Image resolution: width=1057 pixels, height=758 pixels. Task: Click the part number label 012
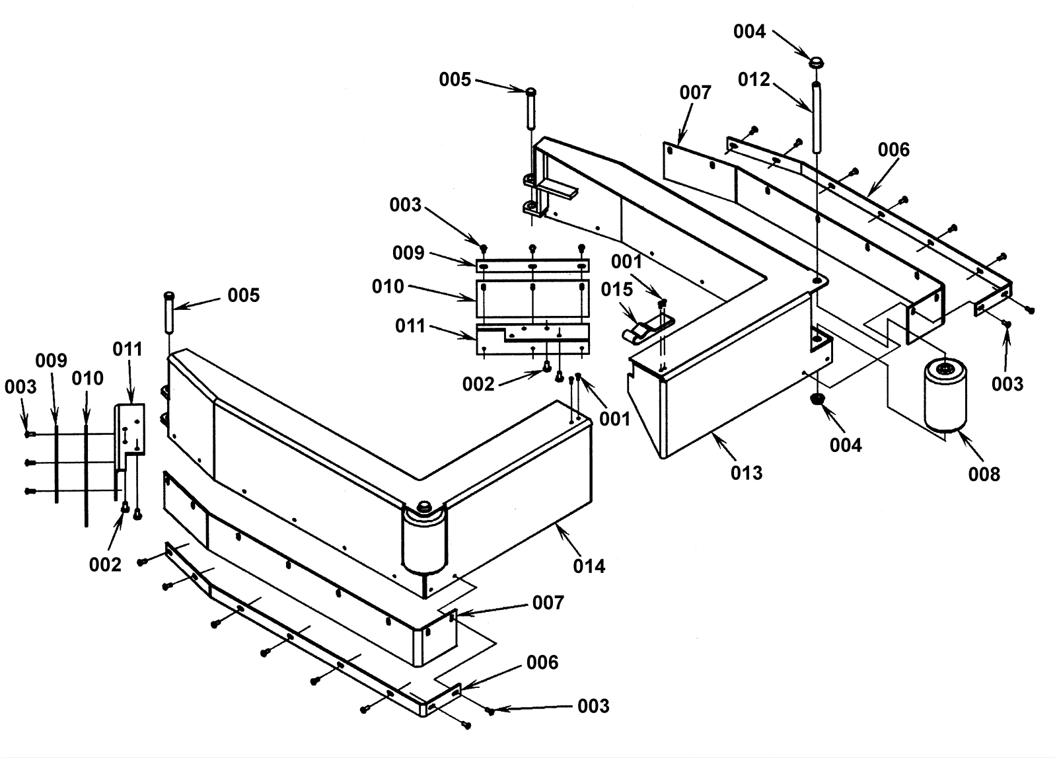tap(754, 79)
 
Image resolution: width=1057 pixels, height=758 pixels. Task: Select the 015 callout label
tap(616, 289)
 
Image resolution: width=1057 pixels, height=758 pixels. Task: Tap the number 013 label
tap(747, 473)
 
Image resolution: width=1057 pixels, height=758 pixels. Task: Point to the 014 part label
tap(589, 566)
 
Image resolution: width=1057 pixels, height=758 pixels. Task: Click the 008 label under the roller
tap(984, 474)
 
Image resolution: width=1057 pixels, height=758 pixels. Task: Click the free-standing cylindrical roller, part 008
tap(945, 395)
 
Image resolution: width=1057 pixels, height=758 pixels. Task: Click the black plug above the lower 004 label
tap(818, 400)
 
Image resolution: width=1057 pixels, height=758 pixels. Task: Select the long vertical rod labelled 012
tap(817, 116)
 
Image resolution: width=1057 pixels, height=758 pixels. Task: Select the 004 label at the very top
tap(749, 32)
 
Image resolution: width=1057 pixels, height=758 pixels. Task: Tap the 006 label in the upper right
tap(893, 150)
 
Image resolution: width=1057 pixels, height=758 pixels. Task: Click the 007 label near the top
tap(695, 93)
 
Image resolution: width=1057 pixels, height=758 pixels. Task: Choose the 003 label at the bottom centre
tap(593, 706)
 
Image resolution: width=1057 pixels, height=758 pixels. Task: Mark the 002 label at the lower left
tap(105, 564)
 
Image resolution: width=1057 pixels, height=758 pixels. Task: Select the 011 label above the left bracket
tap(128, 349)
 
